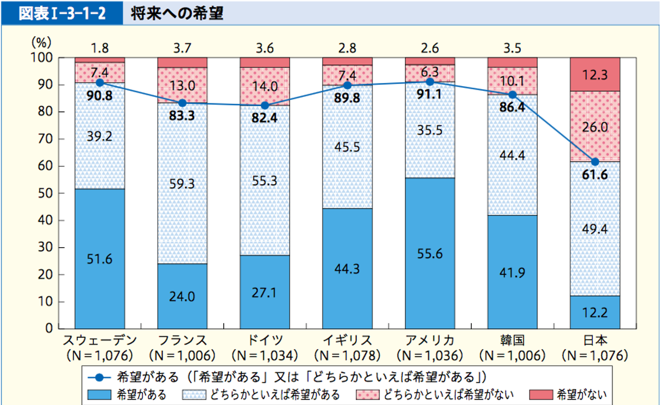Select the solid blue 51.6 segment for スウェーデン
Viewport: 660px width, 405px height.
(x=100, y=258)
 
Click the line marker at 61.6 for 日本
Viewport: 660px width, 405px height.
(x=595, y=161)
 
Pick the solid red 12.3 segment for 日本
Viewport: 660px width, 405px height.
(x=595, y=74)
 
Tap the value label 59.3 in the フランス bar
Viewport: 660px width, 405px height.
(x=183, y=184)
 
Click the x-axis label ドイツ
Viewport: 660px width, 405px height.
(x=265, y=341)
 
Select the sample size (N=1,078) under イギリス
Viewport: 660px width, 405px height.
(x=347, y=355)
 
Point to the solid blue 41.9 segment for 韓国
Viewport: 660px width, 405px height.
(x=512, y=272)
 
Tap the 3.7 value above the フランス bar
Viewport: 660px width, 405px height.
(x=183, y=48)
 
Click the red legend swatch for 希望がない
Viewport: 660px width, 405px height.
(x=541, y=395)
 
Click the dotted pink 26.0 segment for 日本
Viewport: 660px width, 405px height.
(x=595, y=126)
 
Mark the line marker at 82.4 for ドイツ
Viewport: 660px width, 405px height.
(x=265, y=105)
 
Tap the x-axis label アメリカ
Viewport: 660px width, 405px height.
(x=430, y=341)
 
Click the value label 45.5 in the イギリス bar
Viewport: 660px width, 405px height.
(x=347, y=147)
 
